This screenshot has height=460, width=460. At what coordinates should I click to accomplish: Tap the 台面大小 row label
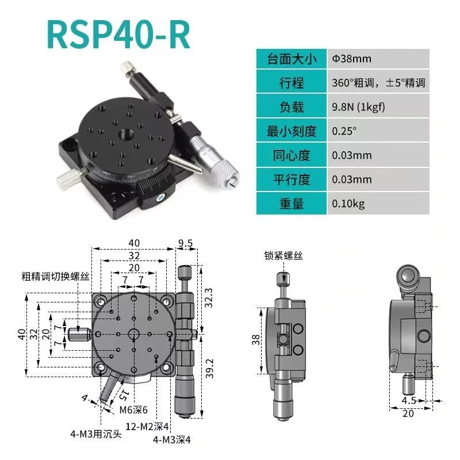(292, 59)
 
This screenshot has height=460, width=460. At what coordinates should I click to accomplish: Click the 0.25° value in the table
(344, 131)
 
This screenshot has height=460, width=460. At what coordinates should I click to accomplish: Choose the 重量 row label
(292, 203)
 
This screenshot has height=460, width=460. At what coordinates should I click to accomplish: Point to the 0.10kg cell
(348, 203)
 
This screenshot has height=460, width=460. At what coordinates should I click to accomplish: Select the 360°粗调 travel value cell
(378, 83)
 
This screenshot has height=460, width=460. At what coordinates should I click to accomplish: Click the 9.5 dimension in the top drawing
(185, 243)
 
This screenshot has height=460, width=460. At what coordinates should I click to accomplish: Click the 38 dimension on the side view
(256, 340)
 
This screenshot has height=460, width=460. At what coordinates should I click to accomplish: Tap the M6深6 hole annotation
(133, 409)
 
